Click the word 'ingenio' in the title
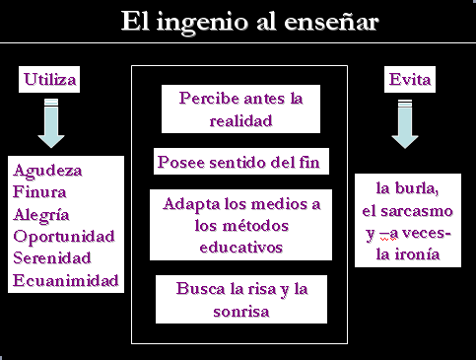pos(202,23)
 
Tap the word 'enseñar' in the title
pos(331,22)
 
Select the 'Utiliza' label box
pos(49,79)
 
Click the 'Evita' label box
pos(410,79)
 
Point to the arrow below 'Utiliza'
pos(51,123)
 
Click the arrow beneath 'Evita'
pos(405,124)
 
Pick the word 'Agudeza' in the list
pos(47,171)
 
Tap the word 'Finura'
pos(39,191)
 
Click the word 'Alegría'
pos(41,215)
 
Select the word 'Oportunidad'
pos(64,237)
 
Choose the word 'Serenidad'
pos(51,257)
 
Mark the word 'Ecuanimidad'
pos(65,280)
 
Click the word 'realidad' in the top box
pos(240,120)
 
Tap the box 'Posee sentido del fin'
pos(241,161)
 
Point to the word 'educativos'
pos(240,248)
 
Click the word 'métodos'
pos(241,226)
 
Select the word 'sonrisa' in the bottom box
pos(241,311)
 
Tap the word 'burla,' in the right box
pos(417,188)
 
